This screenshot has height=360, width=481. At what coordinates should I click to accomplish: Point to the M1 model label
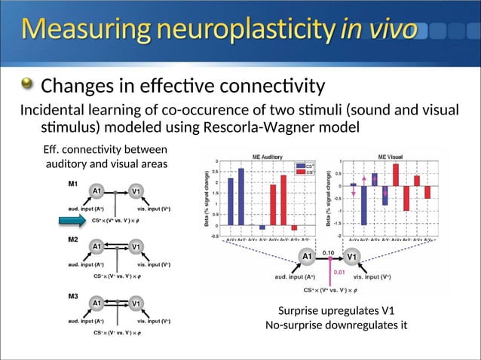point(73,182)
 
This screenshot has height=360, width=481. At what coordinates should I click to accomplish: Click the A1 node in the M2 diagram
point(98,246)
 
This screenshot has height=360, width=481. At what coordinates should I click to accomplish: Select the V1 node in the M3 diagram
point(136,303)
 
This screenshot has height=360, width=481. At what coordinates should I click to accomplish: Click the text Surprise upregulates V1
point(335,311)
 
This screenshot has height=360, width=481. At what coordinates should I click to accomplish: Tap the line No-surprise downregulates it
point(335,325)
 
